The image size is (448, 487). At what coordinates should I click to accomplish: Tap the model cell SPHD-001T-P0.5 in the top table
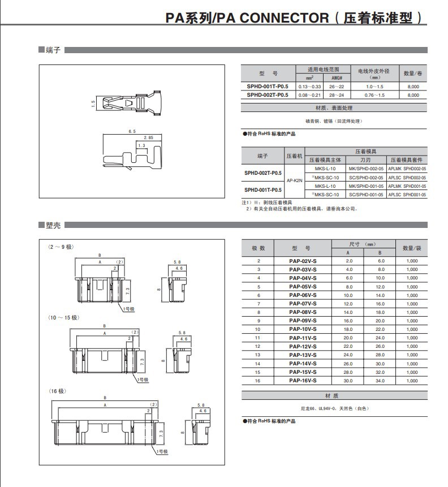(x=268, y=87)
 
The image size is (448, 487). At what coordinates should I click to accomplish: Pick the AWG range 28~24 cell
(x=337, y=95)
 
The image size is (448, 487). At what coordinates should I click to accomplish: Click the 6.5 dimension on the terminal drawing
(x=132, y=131)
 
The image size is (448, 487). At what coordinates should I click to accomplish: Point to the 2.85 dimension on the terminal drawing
(x=148, y=137)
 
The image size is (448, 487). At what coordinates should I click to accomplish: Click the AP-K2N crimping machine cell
(x=295, y=181)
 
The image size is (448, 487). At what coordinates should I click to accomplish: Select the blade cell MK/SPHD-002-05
(x=365, y=169)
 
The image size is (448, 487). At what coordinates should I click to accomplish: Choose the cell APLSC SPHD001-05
(x=407, y=195)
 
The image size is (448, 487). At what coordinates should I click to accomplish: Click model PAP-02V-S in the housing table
(x=303, y=261)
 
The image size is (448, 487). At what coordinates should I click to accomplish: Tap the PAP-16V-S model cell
(x=303, y=381)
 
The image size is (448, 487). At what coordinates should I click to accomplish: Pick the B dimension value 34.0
(x=380, y=381)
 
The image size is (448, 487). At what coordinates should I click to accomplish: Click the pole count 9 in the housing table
(x=259, y=321)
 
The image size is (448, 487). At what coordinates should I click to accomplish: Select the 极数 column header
(x=259, y=248)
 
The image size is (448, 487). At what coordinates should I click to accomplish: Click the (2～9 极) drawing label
(x=62, y=247)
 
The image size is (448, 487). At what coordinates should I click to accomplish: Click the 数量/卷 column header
(x=413, y=74)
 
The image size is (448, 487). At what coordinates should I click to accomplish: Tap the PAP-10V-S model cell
(x=303, y=329)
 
